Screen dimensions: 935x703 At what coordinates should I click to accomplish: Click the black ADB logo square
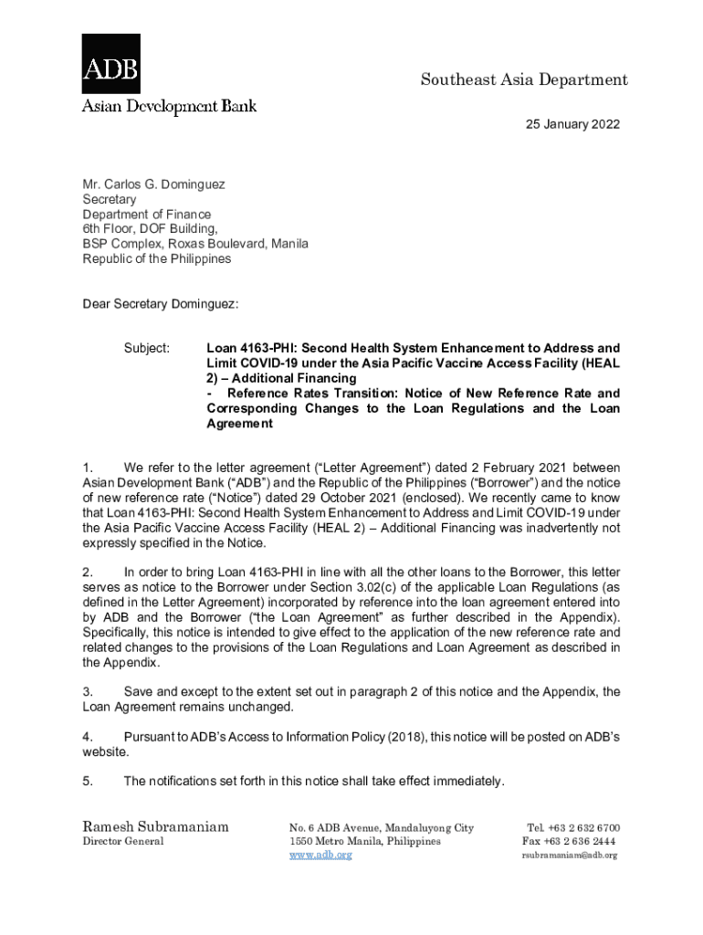[111, 63]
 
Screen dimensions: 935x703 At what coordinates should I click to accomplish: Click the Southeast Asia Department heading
[523, 80]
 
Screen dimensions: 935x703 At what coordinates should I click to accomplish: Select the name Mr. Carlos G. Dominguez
[153, 184]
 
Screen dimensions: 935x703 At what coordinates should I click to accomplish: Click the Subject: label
[146, 348]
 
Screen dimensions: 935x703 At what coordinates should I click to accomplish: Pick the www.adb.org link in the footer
[320, 855]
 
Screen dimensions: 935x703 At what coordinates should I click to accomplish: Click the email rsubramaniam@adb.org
[570, 855]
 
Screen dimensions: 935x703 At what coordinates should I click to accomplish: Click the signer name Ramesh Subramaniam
[156, 827]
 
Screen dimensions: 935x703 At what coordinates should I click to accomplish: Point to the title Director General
[123, 841]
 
